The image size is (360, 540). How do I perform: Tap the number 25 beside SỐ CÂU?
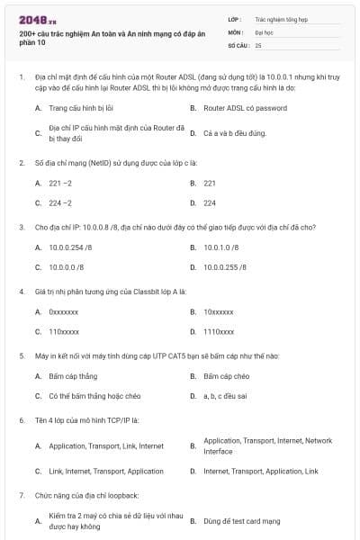[x=258, y=44]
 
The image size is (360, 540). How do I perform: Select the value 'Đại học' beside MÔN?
[x=263, y=31]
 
